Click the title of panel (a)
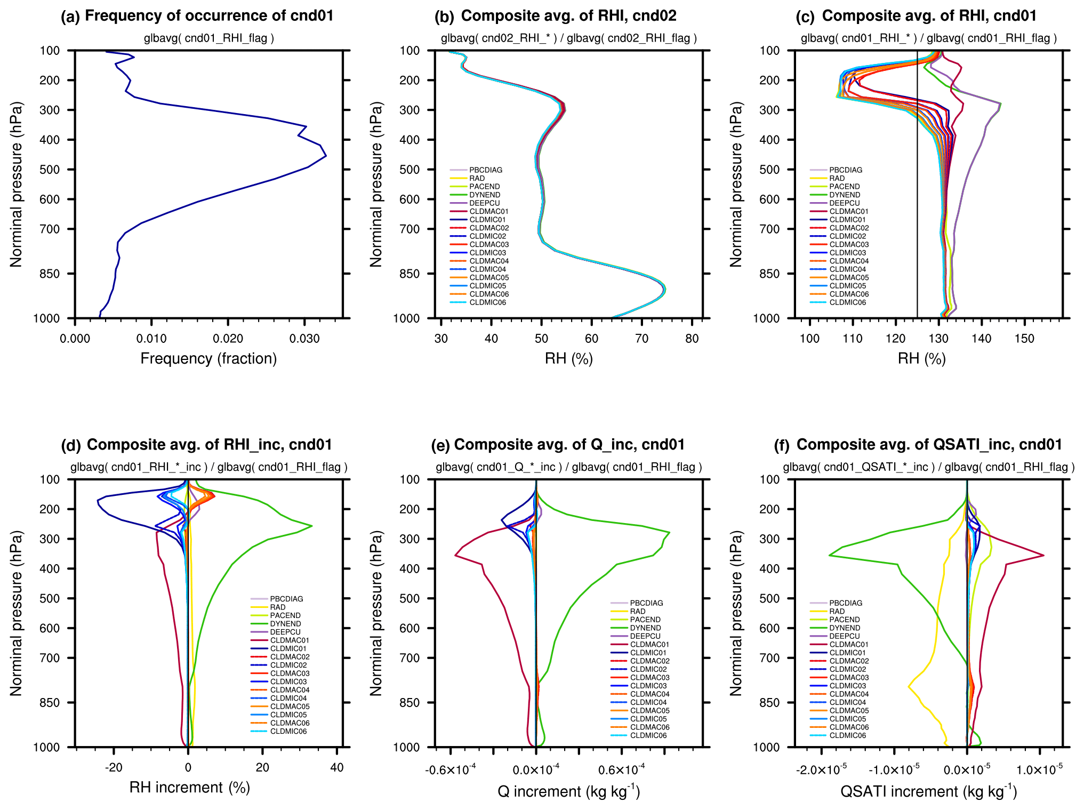197,16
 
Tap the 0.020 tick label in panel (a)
228,339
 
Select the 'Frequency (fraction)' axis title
208,358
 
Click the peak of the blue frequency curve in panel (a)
326,156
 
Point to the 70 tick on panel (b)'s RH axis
641,339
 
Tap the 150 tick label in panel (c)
1024,339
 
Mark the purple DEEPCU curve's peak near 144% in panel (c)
1000,103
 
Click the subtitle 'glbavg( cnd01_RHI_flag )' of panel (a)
208,38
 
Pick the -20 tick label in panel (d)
114,768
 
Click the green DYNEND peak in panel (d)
311,526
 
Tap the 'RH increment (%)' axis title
190,788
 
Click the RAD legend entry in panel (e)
638,612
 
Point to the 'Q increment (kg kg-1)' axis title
568,791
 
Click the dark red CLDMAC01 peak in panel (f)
1043,556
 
